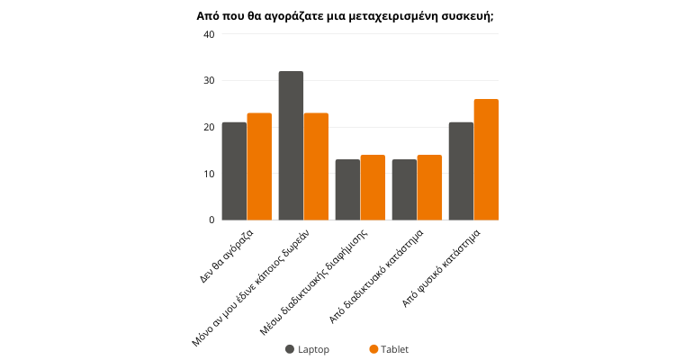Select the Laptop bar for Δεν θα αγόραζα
click(234, 171)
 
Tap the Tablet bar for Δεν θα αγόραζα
click(259, 166)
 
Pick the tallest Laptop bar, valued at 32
click(291, 146)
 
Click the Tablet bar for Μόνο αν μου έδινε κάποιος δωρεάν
click(316, 166)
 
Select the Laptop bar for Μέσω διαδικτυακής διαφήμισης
click(347, 190)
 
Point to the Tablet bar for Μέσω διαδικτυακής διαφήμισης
click(373, 187)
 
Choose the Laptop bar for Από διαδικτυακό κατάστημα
click(404, 190)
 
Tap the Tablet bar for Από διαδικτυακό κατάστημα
click(429, 187)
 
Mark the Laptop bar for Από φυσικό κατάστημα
click(461, 171)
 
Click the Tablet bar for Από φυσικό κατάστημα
click(486, 159)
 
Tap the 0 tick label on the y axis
click(211, 220)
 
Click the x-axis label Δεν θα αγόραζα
click(228, 256)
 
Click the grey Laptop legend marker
click(290, 349)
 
